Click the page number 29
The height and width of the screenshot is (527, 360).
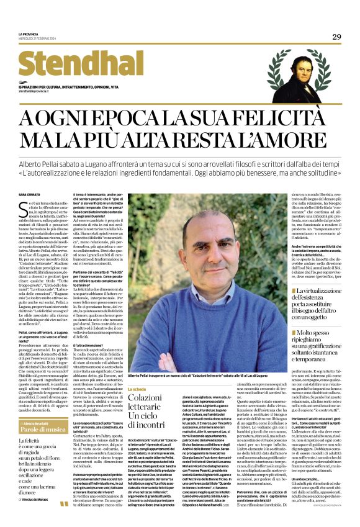point(336,37)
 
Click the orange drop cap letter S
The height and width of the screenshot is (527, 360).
point(22,207)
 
